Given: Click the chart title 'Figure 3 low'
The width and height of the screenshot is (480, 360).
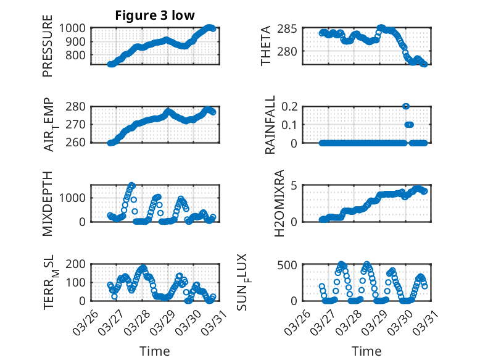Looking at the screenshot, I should [155, 15].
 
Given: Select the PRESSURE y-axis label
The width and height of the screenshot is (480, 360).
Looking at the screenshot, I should [48, 50].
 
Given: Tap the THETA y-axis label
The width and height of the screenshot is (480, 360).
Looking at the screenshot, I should [266, 46].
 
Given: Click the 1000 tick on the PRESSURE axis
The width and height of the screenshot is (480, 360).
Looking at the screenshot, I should [74, 28].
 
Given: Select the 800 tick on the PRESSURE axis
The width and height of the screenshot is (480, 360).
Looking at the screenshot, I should [77, 56].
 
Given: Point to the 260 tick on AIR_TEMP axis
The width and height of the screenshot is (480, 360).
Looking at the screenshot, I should [77, 143].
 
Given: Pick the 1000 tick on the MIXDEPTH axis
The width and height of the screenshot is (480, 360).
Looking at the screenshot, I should [74, 198].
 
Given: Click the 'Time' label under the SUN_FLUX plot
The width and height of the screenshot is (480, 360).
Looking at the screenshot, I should [366, 351].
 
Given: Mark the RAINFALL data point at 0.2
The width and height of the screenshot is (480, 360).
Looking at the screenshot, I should [406, 106].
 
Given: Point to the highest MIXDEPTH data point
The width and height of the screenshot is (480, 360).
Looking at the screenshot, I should [131, 185].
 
